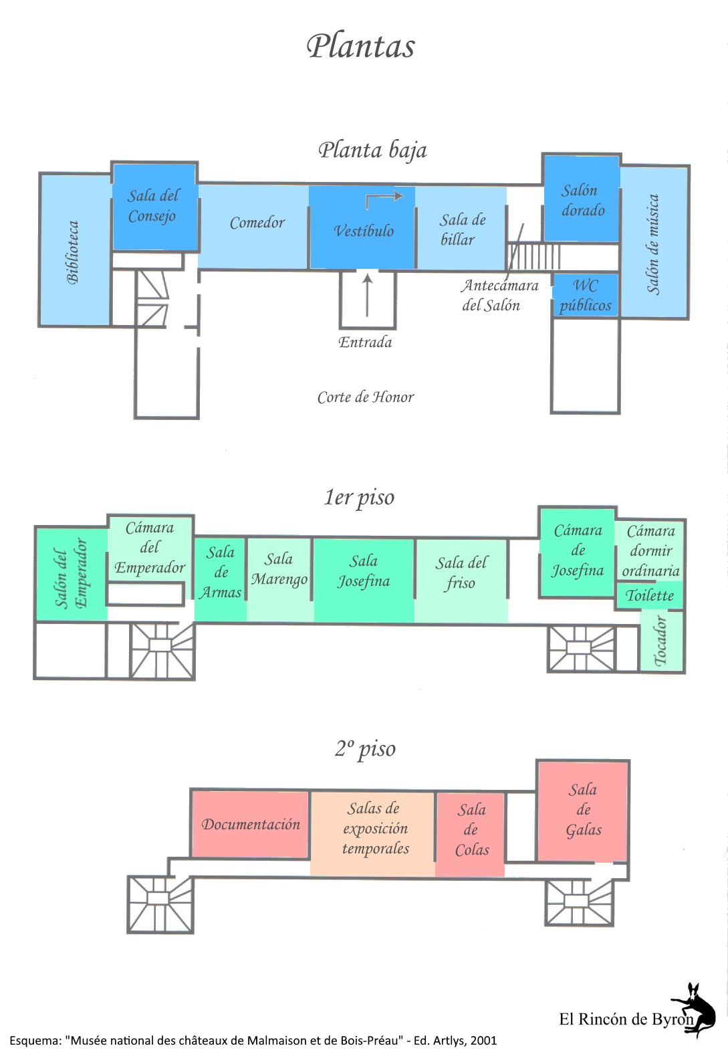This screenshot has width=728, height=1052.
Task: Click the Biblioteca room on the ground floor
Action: coord(74,251)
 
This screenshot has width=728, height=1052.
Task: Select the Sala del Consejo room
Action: coord(154,207)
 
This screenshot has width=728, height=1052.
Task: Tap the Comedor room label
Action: coord(257,223)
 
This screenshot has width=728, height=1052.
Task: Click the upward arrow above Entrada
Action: coord(366,295)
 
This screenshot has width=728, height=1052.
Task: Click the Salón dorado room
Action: coord(582,199)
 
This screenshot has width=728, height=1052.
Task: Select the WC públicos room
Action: coord(586,296)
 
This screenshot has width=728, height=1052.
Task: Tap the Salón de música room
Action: coord(654,243)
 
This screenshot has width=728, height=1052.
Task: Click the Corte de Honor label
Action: coord(366,397)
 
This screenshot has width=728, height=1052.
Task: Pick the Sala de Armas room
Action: coord(221,572)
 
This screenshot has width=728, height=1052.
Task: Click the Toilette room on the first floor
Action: coord(649,595)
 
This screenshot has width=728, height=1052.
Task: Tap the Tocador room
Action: coord(661,641)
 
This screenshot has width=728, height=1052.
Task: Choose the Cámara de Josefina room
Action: coord(577,550)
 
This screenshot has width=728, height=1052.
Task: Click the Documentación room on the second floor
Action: coord(251,825)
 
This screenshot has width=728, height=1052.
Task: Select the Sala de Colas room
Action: coord(471,831)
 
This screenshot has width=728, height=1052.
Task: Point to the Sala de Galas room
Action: coord(583,810)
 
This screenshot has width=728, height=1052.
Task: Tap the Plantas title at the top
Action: coord(361,46)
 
